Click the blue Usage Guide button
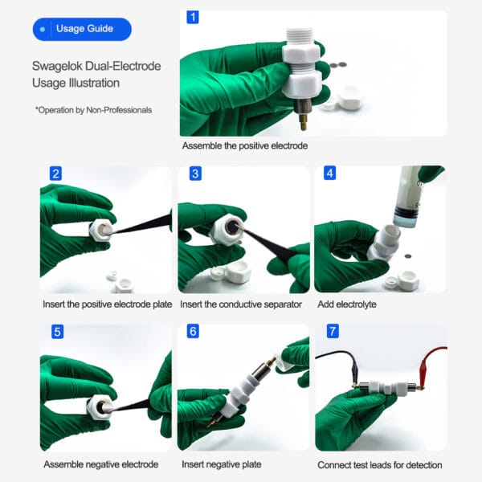tap(81, 30)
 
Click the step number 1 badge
tap(192, 17)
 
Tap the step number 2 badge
tap(55, 174)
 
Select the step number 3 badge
tap(194, 174)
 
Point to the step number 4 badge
tap(330, 174)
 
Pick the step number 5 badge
tap(57, 332)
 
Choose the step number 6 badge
tap(193, 332)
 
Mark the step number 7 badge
tap(330, 332)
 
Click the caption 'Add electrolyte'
tap(348, 305)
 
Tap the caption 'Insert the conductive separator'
tap(240, 305)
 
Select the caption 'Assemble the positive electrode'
tap(244, 146)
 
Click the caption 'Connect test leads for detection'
tap(379, 464)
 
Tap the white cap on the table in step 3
tap(239, 274)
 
